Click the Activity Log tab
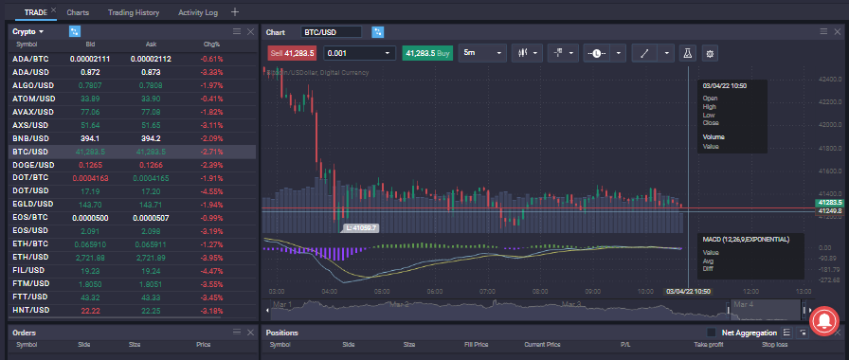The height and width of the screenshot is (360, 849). (x=197, y=12)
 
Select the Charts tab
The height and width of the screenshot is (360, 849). (x=78, y=12)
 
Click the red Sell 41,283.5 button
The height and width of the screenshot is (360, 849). (x=293, y=53)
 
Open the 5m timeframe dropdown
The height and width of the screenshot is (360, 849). (x=481, y=53)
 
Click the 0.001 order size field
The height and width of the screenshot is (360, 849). (x=358, y=53)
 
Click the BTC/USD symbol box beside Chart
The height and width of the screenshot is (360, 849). (x=332, y=32)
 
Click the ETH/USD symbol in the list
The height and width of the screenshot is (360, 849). (x=31, y=257)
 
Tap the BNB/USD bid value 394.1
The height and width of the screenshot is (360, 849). (x=91, y=138)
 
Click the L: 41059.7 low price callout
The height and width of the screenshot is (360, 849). (x=361, y=228)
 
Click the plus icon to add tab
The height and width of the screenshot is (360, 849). (x=235, y=12)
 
